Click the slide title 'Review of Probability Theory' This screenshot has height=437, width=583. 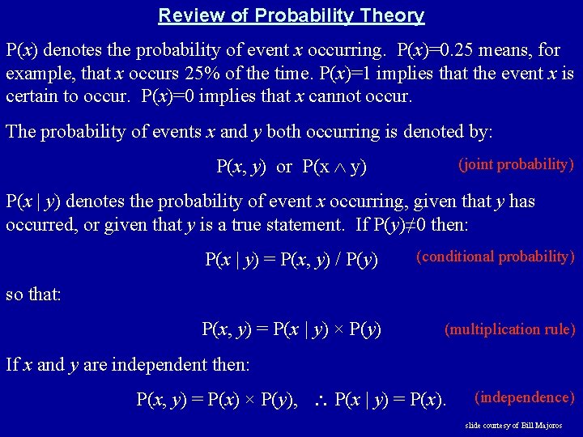coord(291,15)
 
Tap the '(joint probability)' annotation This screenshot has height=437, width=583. coord(517,164)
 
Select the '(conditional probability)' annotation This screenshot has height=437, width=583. coord(495,257)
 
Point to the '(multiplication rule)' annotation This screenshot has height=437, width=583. coord(509,329)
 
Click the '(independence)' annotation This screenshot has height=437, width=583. coord(524,397)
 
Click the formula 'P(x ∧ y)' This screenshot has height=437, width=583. coord(334,168)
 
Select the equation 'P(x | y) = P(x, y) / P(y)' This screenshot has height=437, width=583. coord(291,260)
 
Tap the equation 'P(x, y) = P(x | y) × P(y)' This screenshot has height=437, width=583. coord(291,329)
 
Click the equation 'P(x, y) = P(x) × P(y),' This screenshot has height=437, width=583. coord(216,400)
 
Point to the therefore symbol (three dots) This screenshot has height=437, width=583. coord(321,400)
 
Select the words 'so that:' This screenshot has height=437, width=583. coord(33,295)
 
